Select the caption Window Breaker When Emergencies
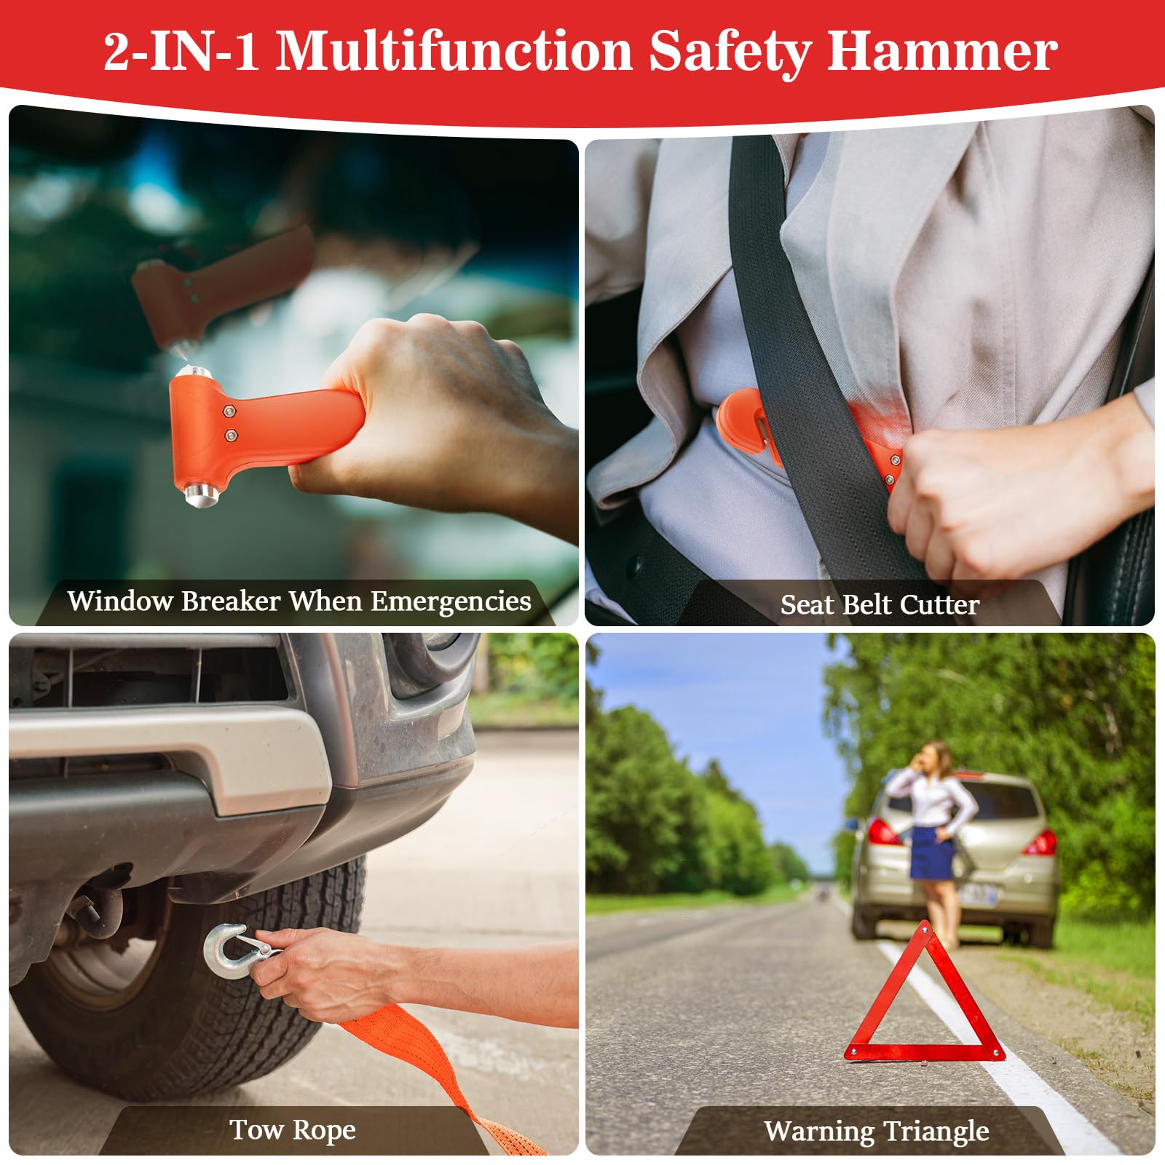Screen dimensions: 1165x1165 point(299,601)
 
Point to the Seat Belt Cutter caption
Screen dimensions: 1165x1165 point(880,604)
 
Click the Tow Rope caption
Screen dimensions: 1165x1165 point(293,1129)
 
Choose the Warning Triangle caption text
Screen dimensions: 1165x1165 point(877,1131)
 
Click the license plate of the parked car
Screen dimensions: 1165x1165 point(979,894)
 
